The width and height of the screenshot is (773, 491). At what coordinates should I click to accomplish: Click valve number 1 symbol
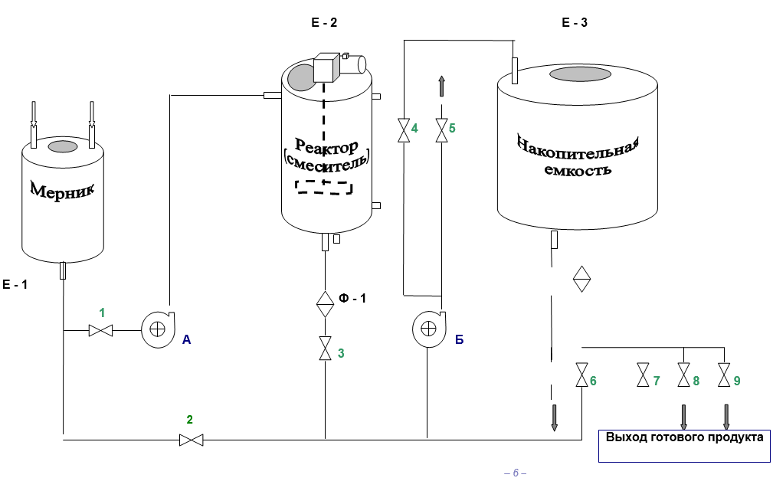coord(100,330)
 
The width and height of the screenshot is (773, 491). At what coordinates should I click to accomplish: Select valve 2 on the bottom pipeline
coord(191,440)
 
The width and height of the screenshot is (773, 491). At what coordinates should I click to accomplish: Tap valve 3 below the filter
coord(326,348)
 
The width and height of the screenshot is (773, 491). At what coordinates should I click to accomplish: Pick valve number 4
coord(404,130)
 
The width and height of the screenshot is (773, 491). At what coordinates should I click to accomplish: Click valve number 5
coord(442,130)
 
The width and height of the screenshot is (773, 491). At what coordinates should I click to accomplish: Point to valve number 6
coord(582,375)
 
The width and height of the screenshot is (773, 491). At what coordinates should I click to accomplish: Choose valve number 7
coord(644,375)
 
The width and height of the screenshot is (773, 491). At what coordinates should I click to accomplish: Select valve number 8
coord(684,375)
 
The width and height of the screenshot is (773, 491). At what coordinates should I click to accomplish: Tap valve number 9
coord(724,375)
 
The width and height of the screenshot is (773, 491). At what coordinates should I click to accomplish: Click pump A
coord(158,329)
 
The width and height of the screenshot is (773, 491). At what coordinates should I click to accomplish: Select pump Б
coord(429,329)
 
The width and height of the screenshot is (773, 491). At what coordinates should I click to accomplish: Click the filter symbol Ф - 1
coord(326,304)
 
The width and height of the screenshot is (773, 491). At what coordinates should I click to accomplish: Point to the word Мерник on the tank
coord(63,190)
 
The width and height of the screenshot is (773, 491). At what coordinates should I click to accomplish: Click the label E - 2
coord(324,22)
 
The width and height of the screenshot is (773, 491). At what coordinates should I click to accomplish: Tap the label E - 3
coord(575,22)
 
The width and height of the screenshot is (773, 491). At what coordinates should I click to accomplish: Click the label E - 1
coord(15,284)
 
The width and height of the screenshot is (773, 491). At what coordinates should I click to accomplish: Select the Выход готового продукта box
coord(684,446)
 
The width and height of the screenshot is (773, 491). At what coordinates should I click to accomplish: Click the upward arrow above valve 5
coord(442,87)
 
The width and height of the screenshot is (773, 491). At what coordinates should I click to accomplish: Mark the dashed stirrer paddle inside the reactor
coord(324,187)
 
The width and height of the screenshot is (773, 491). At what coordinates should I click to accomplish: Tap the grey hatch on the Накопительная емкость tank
coord(580,74)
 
